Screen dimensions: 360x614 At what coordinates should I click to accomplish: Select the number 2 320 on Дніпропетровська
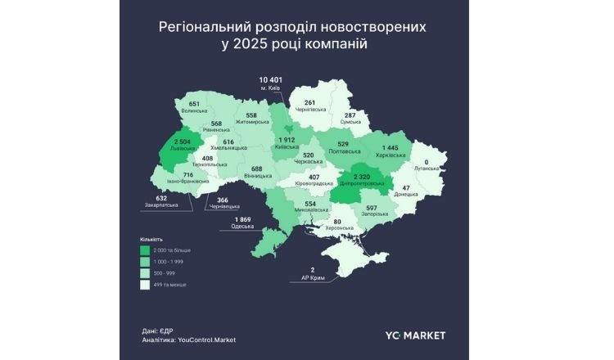point(361,178)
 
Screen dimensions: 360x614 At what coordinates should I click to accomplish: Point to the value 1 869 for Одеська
point(242,219)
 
